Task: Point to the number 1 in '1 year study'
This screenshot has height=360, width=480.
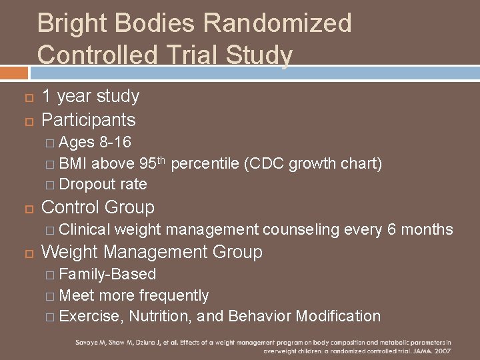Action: click(x=46, y=97)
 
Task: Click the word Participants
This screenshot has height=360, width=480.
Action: click(x=89, y=120)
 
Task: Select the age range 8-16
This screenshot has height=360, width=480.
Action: click(x=115, y=142)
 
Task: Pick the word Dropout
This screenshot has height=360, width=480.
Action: click(x=86, y=184)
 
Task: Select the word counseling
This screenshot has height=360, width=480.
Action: click(x=301, y=230)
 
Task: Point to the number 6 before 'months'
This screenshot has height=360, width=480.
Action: click(x=392, y=230)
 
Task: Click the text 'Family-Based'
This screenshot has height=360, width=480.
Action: click(x=107, y=274)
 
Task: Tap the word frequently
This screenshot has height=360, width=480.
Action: click(x=173, y=295)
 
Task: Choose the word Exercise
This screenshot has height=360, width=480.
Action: click(x=91, y=316)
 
